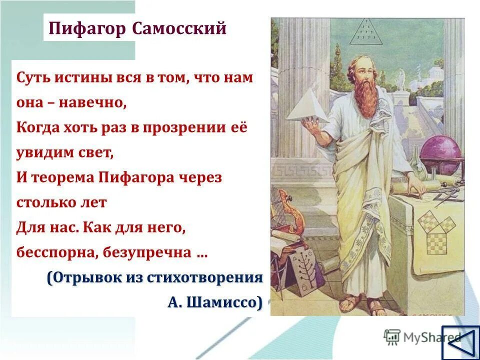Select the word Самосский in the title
[x=180, y=28]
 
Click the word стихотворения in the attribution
[x=205, y=278]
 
